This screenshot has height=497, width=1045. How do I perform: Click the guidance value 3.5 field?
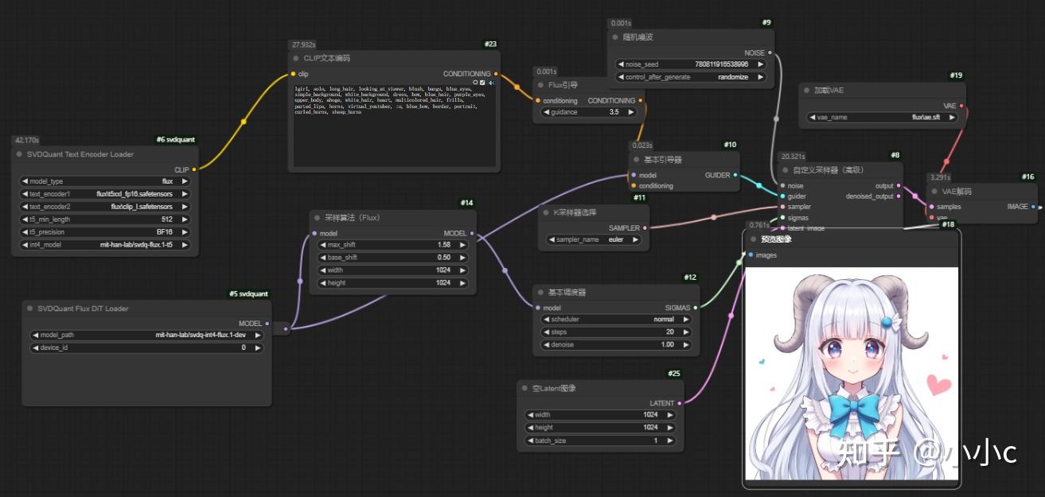pos(589,112)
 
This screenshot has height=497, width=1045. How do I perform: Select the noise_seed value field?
pos(691,64)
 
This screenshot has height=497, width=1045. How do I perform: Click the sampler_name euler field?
pos(594,239)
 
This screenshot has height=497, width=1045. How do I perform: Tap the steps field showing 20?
pos(615,332)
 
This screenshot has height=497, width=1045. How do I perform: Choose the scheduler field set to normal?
pos(615,319)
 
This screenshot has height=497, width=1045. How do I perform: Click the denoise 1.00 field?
pos(615,344)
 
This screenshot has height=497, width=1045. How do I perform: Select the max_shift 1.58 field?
pos(393,245)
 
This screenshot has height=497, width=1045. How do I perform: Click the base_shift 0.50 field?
pos(393,258)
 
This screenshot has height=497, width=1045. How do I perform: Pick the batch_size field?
pos(600,441)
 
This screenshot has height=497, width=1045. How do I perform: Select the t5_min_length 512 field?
pos(105,219)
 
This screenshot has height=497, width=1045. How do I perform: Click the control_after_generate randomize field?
pos(691,77)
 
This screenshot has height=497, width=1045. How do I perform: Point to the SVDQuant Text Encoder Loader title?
pos(80,154)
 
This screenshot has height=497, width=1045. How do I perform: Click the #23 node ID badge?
pos(490,44)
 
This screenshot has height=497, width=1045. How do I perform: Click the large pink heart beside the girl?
pos(939,385)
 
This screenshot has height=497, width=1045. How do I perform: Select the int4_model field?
pos(105,245)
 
